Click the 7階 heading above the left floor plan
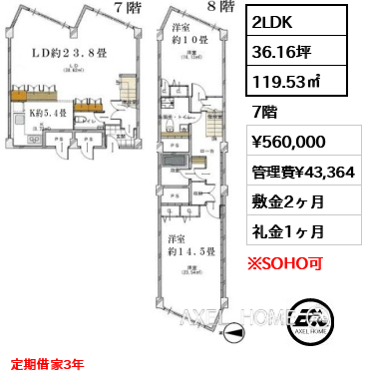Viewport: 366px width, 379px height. (127, 7)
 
